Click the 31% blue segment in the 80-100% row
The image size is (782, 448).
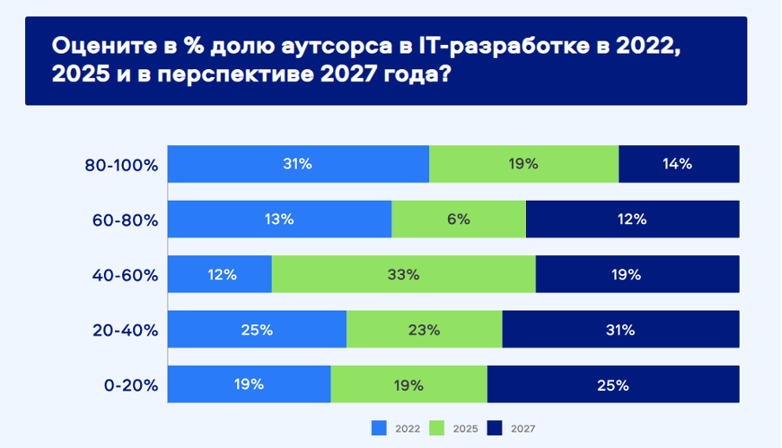298,164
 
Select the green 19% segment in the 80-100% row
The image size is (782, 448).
524,164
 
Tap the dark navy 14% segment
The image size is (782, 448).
679,164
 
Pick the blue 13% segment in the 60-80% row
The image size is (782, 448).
279,219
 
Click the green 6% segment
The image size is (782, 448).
458,219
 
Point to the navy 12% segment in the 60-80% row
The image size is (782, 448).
632,219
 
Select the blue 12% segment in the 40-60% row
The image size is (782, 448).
220,274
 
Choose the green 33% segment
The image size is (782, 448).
404,274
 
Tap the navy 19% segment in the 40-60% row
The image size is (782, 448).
638,274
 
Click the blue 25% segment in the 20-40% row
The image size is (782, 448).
257,330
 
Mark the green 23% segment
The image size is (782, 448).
425,330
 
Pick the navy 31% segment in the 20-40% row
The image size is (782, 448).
621,330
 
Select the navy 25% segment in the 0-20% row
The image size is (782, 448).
613,384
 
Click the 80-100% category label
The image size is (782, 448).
121,165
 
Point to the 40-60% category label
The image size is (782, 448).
125,275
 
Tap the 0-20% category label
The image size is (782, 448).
131,386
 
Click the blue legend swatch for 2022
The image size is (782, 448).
379,428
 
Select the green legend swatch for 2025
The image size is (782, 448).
437,428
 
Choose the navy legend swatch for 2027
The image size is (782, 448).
495,428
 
